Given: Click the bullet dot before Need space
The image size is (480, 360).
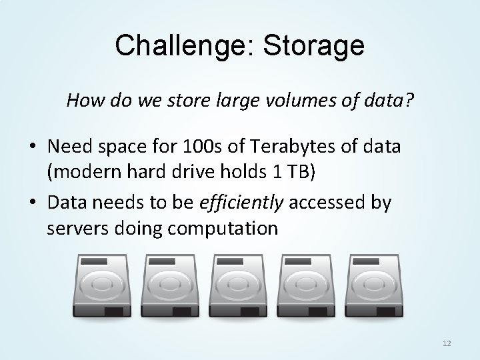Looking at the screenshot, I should coord(31,147).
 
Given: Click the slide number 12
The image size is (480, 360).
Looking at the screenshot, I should coord(447,343).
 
